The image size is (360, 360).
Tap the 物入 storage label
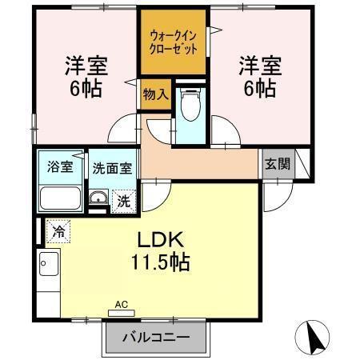pos(154,94)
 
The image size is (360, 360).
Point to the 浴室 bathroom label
pos(61,168)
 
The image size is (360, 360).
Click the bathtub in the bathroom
pos(60,198)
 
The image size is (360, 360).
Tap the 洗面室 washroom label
pos(112,169)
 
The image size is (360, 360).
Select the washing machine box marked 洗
pos(125,201)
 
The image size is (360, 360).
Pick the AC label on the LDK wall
pos(122,304)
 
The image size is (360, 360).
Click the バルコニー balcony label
pos(156,336)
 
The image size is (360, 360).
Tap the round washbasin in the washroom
pos(98,200)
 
